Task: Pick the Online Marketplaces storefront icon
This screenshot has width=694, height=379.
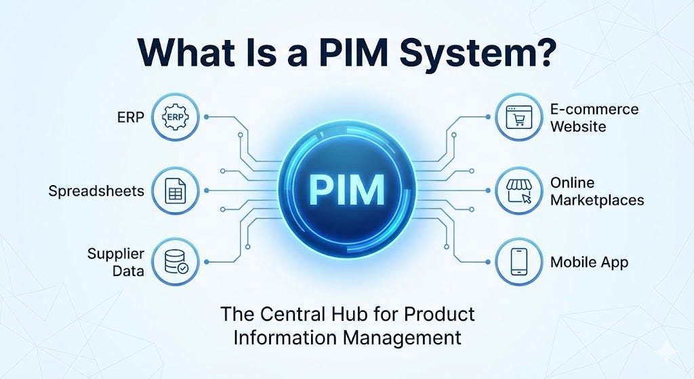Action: coord(518,191)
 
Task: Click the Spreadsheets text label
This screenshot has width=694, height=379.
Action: coord(96,191)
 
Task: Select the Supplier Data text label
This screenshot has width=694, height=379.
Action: coord(116,262)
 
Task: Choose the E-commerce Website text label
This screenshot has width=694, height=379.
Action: coord(594,118)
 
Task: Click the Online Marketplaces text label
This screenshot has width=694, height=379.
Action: coord(596,192)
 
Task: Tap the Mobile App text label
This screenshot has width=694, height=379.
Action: coord(589,262)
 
